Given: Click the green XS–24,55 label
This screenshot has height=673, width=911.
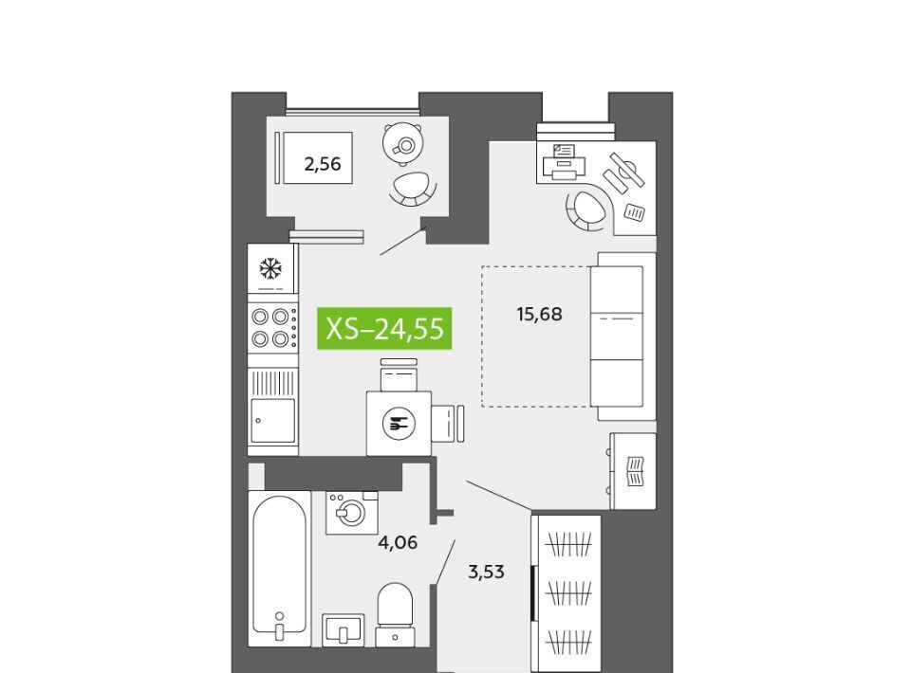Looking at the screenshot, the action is (384, 328).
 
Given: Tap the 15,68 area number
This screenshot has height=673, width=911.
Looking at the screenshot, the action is (539, 315).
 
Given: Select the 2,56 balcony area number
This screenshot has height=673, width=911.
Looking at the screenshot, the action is (323, 164).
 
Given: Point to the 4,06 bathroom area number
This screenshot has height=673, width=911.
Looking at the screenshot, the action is (398, 542).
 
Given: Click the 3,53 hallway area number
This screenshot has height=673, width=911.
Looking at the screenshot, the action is (486, 573).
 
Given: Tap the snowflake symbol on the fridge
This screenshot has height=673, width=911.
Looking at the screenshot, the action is (270, 268).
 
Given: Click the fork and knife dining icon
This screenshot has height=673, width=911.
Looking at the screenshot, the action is (398, 424).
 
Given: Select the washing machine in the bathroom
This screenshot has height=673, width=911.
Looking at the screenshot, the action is (351, 512).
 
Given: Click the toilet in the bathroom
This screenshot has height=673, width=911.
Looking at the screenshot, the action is (395, 614).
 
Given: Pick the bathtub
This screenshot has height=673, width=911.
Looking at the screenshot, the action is (279, 569).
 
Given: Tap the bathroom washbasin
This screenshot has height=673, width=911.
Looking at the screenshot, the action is (343, 629).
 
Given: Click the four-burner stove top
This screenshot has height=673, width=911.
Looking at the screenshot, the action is (273, 327).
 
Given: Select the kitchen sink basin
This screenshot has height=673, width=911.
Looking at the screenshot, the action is (272, 420).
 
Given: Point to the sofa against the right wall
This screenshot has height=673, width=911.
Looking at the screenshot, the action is (623, 336).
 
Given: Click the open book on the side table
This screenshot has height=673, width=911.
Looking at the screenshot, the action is (636, 472).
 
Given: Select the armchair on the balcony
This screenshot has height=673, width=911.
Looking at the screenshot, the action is (413, 188).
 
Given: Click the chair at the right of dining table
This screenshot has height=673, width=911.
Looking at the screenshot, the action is (448, 424).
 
